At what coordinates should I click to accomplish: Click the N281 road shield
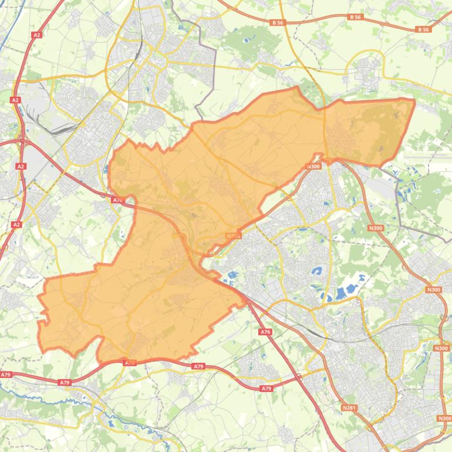point(349,407)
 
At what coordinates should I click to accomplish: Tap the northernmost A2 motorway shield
point(37,35)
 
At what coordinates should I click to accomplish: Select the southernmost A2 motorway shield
point(16,224)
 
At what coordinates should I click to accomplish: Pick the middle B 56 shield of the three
point(355,18)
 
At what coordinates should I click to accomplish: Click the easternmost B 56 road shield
point(423,29)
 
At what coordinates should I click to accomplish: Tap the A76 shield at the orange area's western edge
point(117,200)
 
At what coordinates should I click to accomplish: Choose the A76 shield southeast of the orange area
point(265,332)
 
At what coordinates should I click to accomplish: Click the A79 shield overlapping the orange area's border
point(130,363)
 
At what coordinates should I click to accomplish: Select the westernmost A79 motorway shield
point(6,375)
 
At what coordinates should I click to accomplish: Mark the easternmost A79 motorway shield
point(267,389)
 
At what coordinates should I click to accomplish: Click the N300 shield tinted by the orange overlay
point(234,236)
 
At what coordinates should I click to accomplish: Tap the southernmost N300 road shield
point(444,418)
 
